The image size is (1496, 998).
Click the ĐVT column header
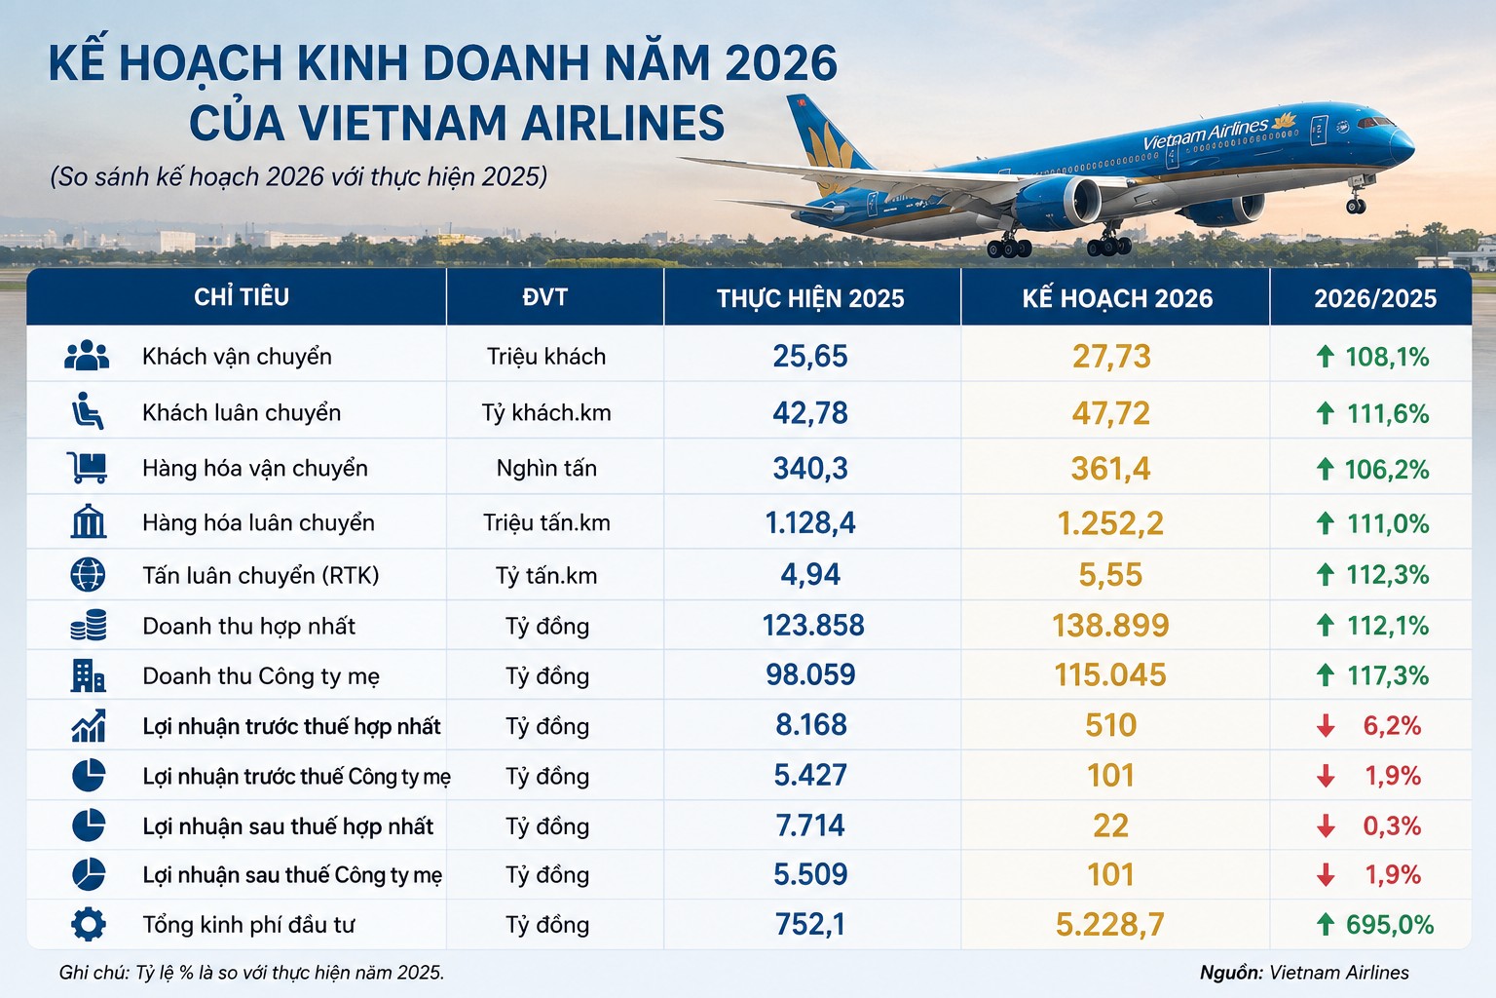(545, 297)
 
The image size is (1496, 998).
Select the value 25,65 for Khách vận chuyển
(810, 357)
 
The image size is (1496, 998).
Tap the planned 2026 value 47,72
(1110, 413)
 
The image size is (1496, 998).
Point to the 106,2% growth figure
(1387, 469)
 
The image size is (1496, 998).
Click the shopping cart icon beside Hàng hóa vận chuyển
(87, 467)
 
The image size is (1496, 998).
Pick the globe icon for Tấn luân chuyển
(88, 574)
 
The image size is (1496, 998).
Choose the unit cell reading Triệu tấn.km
(546, 522)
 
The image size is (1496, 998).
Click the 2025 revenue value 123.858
(813, 625)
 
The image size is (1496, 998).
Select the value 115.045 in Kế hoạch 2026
(1110, 674)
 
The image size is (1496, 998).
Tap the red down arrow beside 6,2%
(1326, 726)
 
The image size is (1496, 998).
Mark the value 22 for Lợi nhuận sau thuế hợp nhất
(1110, 825)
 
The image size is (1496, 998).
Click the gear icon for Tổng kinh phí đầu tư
(89, 925)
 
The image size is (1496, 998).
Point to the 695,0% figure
(1390, 925)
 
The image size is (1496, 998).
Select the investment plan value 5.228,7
(1110, 925)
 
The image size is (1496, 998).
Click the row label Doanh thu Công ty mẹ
(261, 675)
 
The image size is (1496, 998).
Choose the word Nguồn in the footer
(1231, 973)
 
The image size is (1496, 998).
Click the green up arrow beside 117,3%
(1325, 675)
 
